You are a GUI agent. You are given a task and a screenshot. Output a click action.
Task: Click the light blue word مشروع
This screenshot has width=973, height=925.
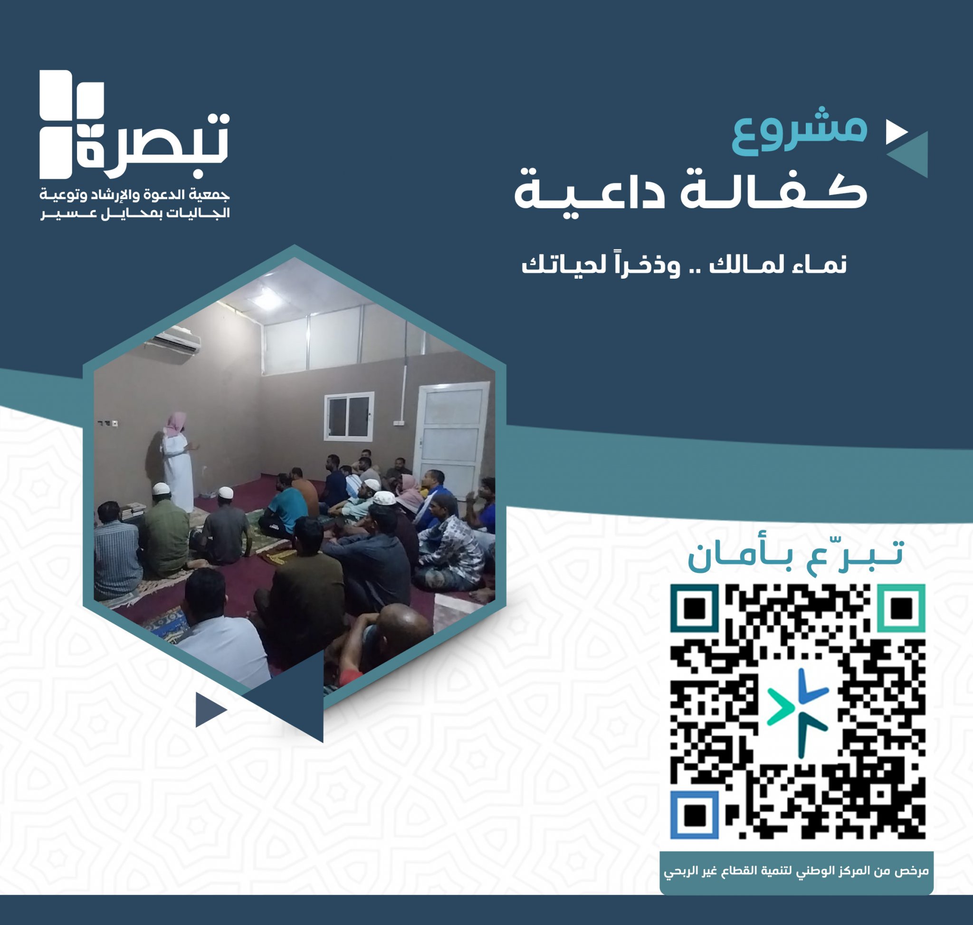coord(800,132)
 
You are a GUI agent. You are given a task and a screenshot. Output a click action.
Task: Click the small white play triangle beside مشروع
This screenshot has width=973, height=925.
coord(896,132)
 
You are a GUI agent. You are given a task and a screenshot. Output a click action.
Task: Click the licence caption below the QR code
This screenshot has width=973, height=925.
coord(796,872)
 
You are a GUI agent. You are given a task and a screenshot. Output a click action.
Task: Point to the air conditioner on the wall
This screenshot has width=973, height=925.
coord(178,340)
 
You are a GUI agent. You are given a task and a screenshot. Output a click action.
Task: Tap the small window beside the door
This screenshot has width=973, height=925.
coord(349,416)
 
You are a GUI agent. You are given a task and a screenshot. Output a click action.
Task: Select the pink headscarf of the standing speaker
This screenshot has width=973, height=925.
coord(175,425)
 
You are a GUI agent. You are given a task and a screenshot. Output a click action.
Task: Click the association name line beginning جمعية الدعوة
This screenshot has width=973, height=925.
coord(134,195)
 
